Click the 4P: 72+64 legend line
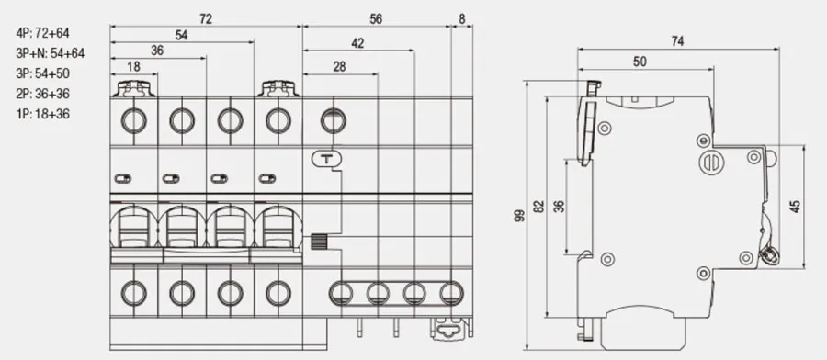(x=42, y=33)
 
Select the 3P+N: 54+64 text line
(x=51, y=53)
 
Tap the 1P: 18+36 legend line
(x=42, y=114)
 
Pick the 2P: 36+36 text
(x=42, y=94)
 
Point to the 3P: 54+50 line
(x=42, y=73)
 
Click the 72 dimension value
(x=206, y=19)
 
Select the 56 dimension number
(x=376, y=19)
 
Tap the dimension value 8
(x=462, y=19)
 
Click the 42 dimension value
(x=357, y=43)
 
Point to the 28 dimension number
(x=340, y=66)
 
